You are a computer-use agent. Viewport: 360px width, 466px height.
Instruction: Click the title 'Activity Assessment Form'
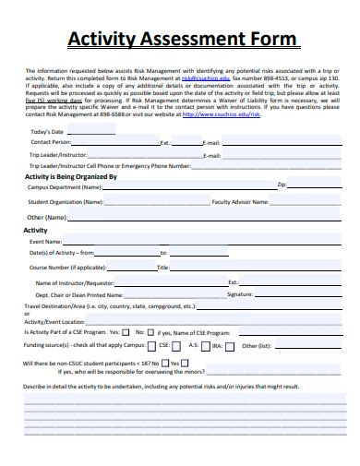pyautogui.click(x=183, y=40)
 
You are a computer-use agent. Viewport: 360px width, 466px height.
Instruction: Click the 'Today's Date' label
pyautogui.click(x=49, y=133)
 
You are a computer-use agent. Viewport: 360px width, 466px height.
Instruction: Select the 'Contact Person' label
pyautogui.click(x=51, y=143)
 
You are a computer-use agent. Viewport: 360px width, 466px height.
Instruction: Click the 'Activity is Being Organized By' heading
pyautogui.click(x=70, y=175)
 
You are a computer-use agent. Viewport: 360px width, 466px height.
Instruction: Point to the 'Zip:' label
pyautogui.click(x=282, y=185)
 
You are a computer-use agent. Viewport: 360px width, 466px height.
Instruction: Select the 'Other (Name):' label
pyautogui.click(x=46, y=217)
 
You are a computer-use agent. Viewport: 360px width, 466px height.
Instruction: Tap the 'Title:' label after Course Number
pyautogui.click(x=162, y=268)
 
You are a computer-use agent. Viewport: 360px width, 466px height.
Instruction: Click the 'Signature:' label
pyautogui.click(x=240, y=293)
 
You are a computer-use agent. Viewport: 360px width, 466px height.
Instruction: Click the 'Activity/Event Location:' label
pyautogui.click(x=54, y=321)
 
